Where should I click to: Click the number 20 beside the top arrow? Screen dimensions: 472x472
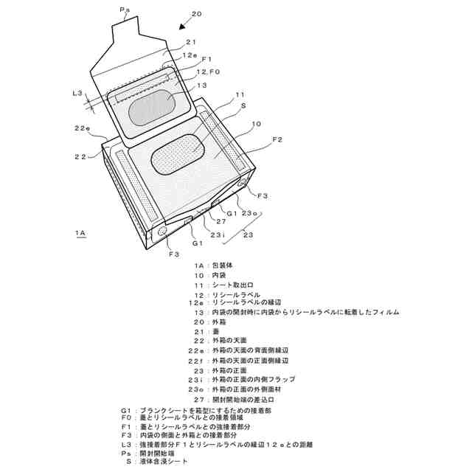(195, 13)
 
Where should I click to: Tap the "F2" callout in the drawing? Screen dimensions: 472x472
(277, 139)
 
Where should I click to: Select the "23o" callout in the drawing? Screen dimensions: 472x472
(251, 213)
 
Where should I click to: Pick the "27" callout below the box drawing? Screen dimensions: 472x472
(221, 220)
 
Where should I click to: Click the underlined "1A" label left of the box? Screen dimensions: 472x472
(80, 233)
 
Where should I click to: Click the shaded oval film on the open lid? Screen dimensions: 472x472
(152, 108)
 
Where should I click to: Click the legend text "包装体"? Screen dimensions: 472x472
(223, 265)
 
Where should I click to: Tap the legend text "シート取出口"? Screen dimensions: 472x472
(232, 285)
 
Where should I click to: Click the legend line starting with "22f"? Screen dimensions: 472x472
(236, 361)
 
